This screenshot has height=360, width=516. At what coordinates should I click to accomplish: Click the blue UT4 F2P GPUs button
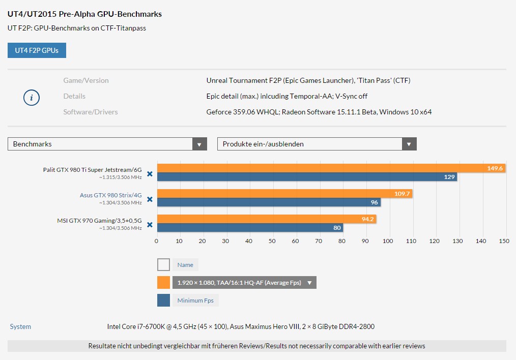37,50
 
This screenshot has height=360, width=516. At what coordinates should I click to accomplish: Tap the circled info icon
32,98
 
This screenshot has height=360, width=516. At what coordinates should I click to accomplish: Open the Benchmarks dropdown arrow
199,144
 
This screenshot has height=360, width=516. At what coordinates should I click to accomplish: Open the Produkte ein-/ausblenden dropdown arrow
409,144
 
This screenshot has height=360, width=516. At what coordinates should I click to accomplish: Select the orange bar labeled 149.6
331,168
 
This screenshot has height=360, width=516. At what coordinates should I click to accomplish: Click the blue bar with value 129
307,177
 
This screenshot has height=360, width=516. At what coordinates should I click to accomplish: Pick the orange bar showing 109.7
284,193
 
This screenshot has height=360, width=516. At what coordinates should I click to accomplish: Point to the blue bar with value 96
269,202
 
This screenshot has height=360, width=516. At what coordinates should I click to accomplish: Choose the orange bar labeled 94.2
267,219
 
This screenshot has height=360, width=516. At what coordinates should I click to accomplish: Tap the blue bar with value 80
250,227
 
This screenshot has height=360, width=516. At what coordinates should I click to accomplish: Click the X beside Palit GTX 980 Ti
150,174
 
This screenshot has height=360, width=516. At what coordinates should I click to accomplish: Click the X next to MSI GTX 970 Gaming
150,225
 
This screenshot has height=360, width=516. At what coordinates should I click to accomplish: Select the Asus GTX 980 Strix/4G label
110,195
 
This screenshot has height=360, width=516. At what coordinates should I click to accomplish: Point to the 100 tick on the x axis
388,241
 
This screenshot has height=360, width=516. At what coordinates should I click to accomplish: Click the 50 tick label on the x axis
272,241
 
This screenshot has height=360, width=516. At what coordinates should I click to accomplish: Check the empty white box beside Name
163,264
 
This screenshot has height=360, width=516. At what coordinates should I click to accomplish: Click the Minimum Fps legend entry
195,300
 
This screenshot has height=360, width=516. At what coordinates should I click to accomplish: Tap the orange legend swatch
163,282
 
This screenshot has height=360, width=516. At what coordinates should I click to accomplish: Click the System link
20,326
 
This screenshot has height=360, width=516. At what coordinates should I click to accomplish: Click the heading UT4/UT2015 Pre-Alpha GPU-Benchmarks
84,14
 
